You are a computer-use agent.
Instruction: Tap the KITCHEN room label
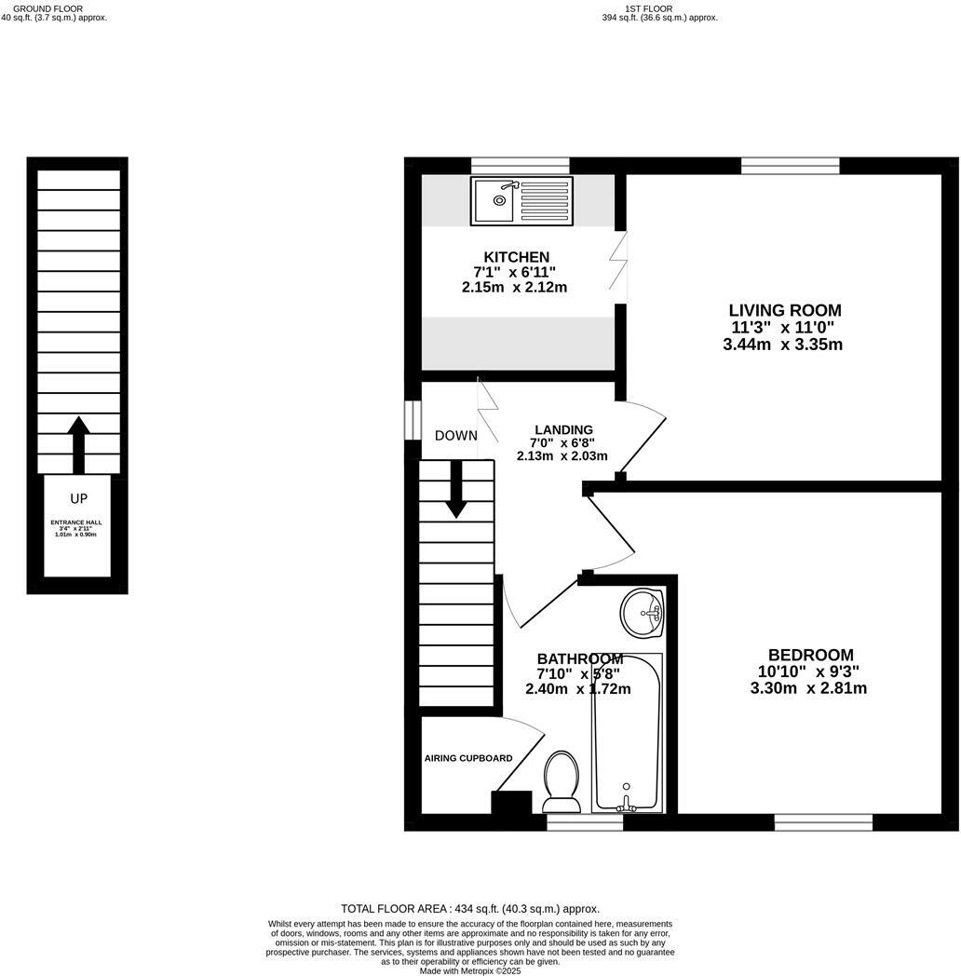point(516,257)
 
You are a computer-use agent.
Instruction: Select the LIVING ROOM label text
point(784,310)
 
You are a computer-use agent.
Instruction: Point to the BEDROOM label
point(810,655)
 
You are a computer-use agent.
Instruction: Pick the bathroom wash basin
point(643,613)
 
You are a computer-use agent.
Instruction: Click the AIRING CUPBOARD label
point(467,758)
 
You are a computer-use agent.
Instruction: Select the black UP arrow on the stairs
point(78,444)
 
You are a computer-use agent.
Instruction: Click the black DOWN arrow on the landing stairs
point(456,489)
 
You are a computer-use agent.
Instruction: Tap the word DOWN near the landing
point(455,436)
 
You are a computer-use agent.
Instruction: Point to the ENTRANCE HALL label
point(76,522)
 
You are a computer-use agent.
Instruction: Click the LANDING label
point(557,429)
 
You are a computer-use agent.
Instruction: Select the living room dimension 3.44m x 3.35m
point(782,345)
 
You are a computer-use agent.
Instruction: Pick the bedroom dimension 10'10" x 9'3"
point(808,671)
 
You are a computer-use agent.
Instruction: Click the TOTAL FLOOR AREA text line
point(470,908)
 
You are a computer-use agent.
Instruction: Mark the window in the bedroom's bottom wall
point(823,821)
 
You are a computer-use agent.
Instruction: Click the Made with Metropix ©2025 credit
point(470,970)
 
